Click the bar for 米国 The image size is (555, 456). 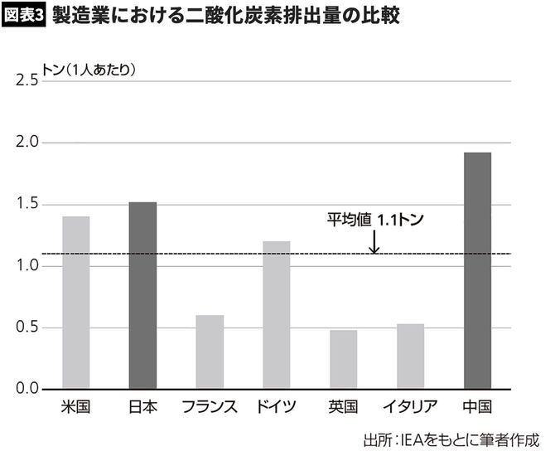75,303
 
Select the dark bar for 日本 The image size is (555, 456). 142,295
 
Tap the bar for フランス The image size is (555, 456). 210,352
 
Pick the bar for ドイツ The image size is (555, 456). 276,315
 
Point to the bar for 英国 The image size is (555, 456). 343,360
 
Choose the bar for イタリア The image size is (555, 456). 410,357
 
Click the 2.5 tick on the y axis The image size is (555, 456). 27,80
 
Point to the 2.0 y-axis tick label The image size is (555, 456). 27,143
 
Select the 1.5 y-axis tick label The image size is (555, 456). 27,205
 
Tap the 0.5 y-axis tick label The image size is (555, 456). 27,327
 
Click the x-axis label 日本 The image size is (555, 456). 142,407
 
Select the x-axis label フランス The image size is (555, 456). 210,407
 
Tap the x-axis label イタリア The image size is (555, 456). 410,407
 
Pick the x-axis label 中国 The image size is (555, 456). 477,407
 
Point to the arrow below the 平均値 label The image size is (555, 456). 374,242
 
